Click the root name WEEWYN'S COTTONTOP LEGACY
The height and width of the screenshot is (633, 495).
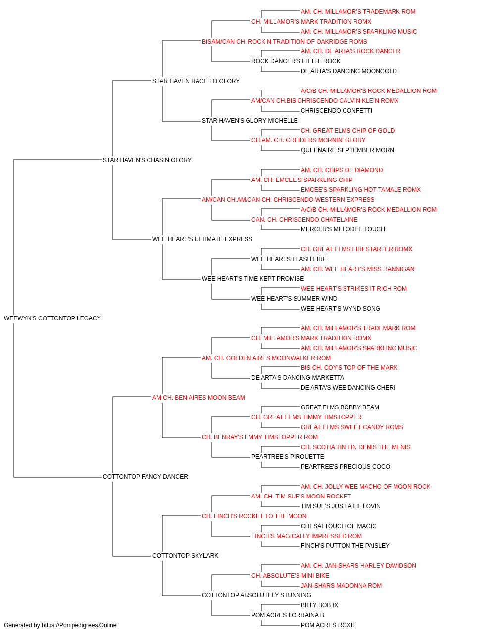coord(52,318)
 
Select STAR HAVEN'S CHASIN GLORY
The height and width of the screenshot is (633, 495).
coord(147,160)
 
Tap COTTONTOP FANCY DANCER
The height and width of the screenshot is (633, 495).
coord(146,477)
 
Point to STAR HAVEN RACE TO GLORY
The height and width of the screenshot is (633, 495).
coord(196,81)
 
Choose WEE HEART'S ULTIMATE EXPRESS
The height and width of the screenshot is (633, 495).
coord(202,239)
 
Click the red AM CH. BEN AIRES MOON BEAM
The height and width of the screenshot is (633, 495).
coord(198,398)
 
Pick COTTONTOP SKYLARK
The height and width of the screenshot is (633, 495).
coord(186,556)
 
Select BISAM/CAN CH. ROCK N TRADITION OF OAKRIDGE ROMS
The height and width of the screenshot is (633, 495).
coord(285,42)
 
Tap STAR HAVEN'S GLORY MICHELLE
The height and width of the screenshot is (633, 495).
coord(250,121)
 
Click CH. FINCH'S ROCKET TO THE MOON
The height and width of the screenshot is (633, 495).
coord(254,516)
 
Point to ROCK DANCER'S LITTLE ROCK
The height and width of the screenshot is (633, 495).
coord(296,61)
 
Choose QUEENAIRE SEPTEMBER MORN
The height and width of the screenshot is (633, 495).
coord(347,150)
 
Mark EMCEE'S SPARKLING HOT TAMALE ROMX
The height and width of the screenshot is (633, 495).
coord(361,190)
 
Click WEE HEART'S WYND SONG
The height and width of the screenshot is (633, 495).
coord(341,309)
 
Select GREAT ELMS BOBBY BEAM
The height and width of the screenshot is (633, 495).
coord(340,407)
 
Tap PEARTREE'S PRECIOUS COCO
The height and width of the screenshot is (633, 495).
coord(346,467)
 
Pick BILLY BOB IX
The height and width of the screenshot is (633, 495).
coord(319,605)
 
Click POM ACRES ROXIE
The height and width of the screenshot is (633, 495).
coord(329,625)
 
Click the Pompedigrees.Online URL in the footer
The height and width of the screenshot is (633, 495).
coord(79,625)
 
